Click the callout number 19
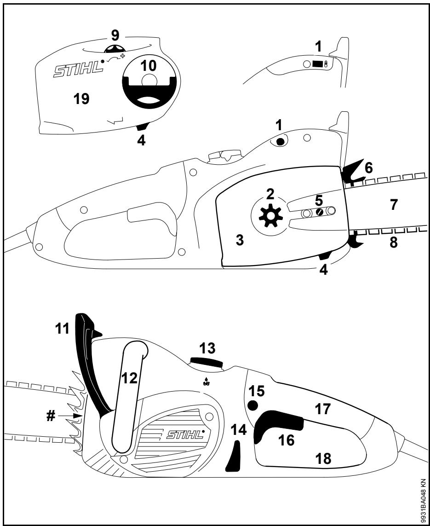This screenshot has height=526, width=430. [x=82, y=98]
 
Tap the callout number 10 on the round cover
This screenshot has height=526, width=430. [x=149, y=66]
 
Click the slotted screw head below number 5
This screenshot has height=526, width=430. [x=318, y=213]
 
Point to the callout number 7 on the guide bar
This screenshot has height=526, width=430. [x=393, y=205]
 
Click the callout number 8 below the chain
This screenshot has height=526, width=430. [x=394, y=243]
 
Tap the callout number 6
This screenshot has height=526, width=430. [x=368, y=168]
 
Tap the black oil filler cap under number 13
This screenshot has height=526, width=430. [x=206, y=362]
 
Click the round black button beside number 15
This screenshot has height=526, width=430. [x=252, y=405]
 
